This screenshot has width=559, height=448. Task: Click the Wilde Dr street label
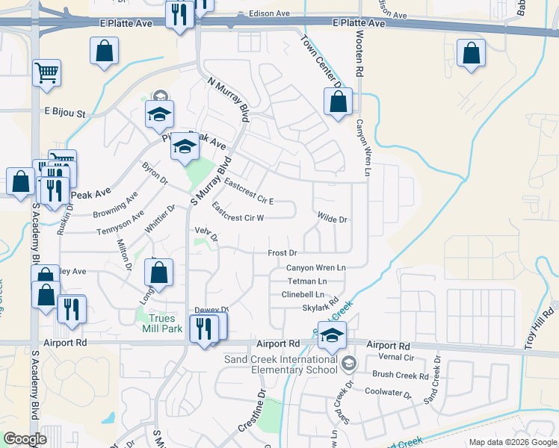(333, 220)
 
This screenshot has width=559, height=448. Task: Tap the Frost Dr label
(282, 253)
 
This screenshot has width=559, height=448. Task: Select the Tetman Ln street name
(308, 281)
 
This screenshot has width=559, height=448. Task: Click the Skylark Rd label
(315, 308)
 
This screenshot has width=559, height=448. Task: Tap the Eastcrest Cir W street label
(238, 212)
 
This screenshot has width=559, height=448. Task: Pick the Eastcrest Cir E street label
(249, 190)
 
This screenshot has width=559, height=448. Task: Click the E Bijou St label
(66, 114)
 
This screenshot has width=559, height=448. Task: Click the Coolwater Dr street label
(389, 391)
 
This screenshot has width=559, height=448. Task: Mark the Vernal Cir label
(390, 359)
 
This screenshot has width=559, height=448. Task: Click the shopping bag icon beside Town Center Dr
(338, 102)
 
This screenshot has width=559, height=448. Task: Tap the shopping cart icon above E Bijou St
(47, 73)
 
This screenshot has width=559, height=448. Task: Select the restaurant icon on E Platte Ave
(179, 16)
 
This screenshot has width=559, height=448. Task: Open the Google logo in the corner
(25, 439)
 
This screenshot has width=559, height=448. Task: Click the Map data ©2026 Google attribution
(513, 442)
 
